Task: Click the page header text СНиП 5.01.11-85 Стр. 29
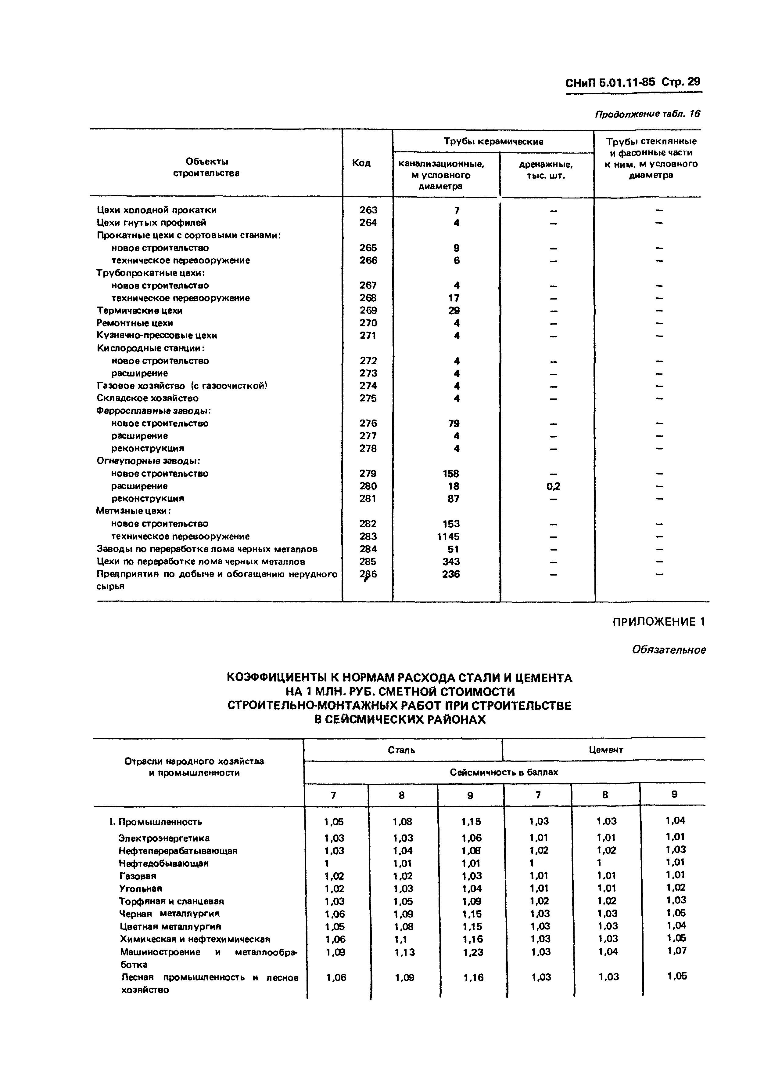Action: point(633,83)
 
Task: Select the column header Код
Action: point(361,163)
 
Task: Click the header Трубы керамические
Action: point(493,141)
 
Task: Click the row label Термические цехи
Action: point(139,310)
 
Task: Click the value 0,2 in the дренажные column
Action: point(553,486)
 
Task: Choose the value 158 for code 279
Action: point(451,474)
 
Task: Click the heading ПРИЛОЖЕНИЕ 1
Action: point(658,622)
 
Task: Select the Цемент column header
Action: point(605,750)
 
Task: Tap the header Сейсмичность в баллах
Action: point(504,772)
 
